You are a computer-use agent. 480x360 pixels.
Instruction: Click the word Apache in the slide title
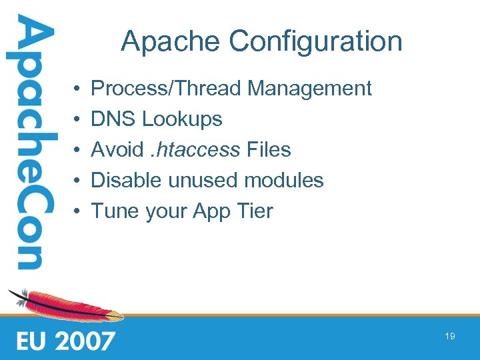171,41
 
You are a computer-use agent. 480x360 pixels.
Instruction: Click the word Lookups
182,120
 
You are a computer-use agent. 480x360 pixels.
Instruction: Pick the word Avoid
117,149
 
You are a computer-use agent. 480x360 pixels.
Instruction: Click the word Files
269,149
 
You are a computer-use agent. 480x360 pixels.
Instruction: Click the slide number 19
450,337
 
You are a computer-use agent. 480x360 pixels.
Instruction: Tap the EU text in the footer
33,341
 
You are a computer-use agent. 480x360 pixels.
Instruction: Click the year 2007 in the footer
84,341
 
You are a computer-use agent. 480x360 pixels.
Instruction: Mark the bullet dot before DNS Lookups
78,120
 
